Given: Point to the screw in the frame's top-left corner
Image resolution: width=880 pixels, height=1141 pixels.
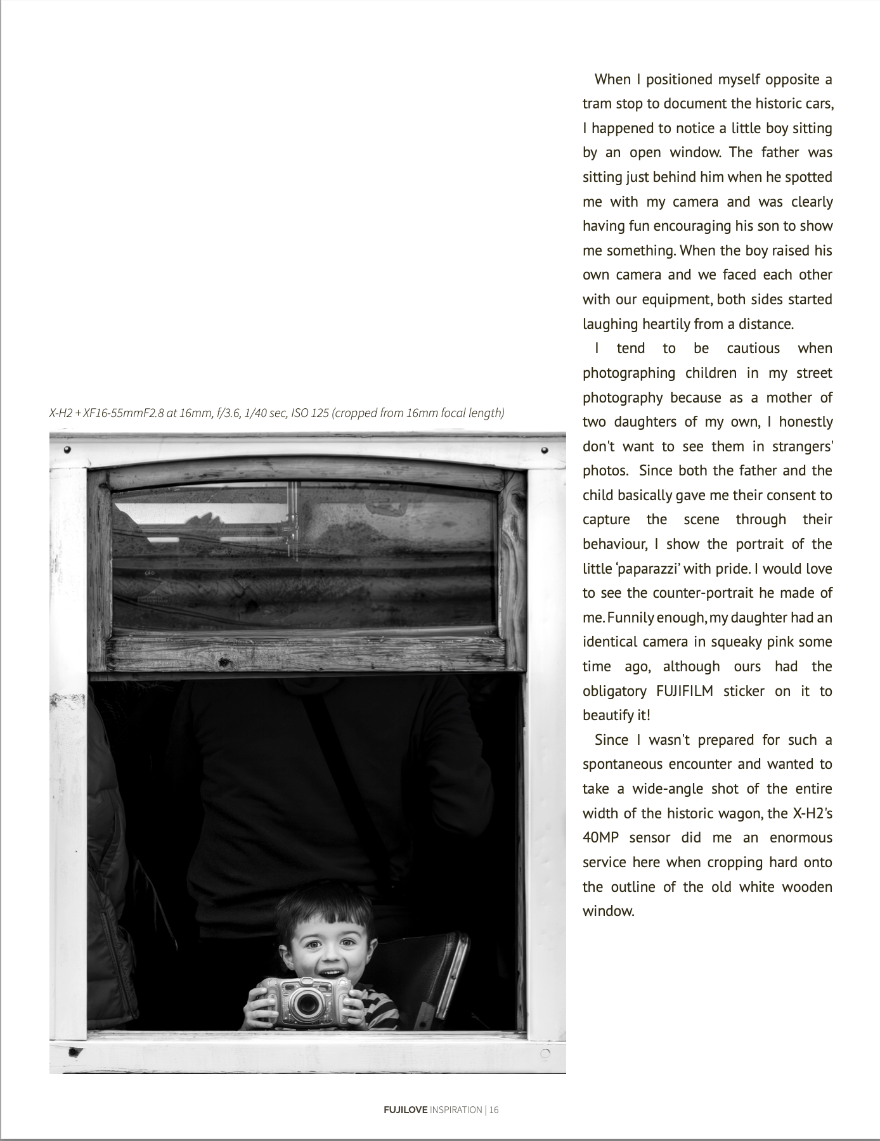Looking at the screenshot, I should click(x=68, y=449).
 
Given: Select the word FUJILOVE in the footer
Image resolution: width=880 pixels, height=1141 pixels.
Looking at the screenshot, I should click(x=406, y=1110).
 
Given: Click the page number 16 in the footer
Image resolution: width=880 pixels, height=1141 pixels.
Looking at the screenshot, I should click(x=494, y=1110).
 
